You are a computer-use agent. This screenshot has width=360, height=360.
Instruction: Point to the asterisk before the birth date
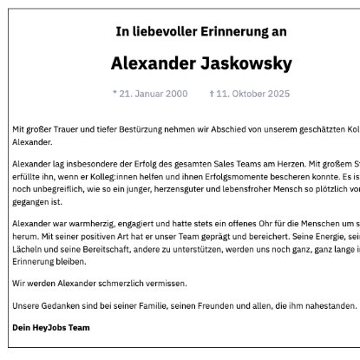pos(115,92)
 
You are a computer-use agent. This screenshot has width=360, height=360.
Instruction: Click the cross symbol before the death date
pos(212,92)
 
